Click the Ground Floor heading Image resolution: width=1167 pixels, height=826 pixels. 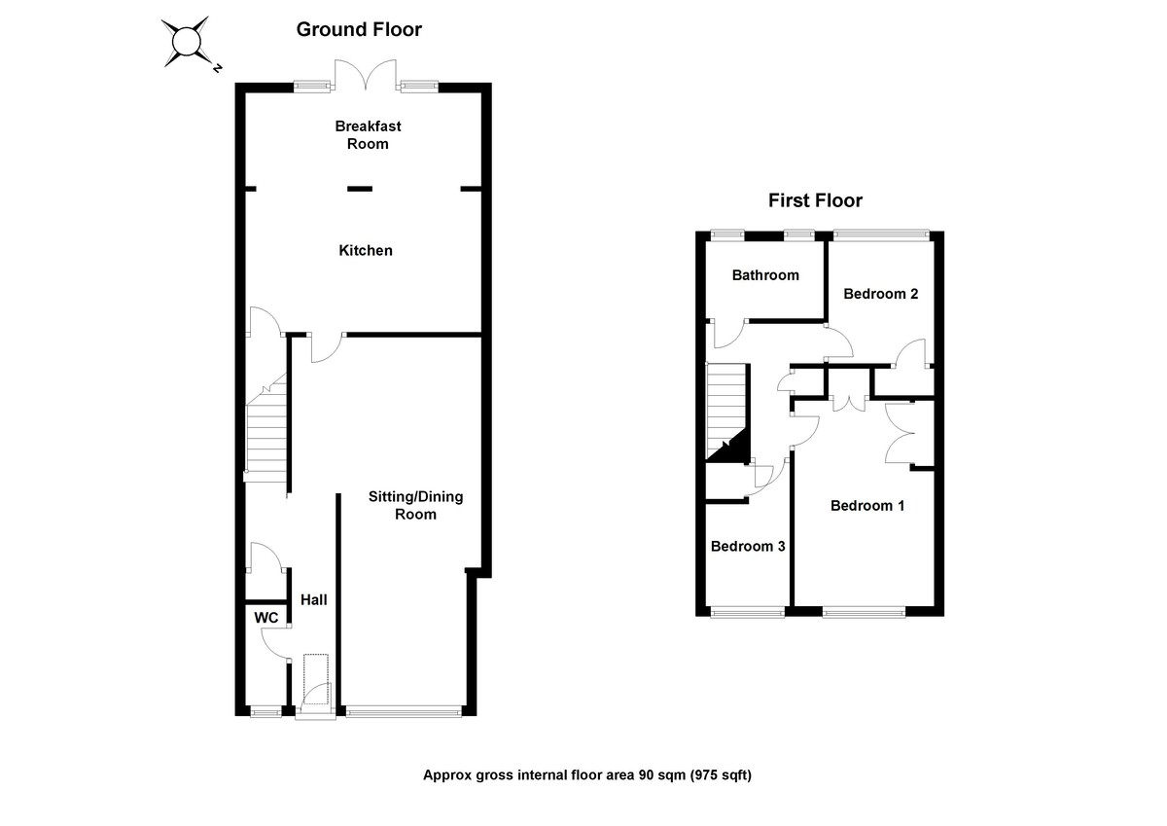(359, 30)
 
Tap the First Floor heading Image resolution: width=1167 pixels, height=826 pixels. (815, 201)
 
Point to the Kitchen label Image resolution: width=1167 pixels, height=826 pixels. (366, 251)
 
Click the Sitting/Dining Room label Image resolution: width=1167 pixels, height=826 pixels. (415, 505)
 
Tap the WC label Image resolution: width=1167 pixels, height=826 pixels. (266, 618)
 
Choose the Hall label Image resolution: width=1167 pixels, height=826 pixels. (313, 600)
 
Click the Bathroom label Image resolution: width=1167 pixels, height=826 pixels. (765, 275)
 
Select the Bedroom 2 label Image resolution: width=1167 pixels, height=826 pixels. (881, 294)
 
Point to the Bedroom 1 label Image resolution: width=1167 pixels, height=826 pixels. (867, 506)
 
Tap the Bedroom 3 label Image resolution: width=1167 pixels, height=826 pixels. (748, 547)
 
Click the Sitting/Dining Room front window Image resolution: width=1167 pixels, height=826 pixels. (403, 711)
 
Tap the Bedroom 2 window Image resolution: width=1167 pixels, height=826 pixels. (881, 233)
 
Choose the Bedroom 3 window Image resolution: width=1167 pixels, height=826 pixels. (747, 612)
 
